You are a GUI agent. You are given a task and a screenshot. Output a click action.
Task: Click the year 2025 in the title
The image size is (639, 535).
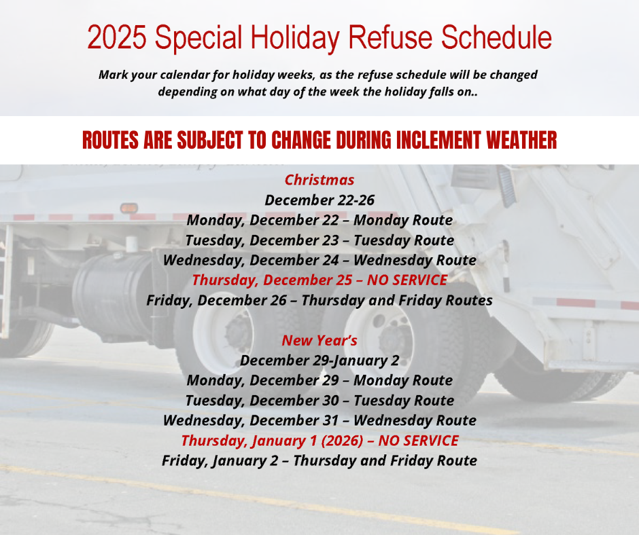click(x=116, y=37)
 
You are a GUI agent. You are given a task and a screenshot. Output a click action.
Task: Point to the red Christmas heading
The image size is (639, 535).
click(x=319, y=180)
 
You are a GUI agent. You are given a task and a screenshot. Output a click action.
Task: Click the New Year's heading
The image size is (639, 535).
click(x=319, y=340)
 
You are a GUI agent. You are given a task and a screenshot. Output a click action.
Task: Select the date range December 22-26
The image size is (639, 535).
click(x=319, y=200)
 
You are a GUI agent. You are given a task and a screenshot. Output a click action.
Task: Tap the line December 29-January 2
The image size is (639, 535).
click(x=319, y=360)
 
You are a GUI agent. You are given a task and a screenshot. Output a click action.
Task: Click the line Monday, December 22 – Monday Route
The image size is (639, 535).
click(x=319, y=220)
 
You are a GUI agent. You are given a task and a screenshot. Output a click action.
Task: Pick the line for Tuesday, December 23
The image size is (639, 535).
click(x=319, y=240)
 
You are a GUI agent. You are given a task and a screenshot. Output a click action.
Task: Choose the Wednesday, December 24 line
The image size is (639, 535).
click(x=319, y=260)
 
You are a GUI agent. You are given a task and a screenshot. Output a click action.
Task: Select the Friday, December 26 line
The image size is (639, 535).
click(x=319, y=300)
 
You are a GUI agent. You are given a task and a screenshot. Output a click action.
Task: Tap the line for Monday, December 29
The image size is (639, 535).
click(x=319, y=380)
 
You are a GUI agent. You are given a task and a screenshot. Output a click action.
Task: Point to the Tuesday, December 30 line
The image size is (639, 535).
click(x=319, y=400)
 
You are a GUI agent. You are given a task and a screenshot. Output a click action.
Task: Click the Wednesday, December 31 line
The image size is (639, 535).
click(x=319, y=420)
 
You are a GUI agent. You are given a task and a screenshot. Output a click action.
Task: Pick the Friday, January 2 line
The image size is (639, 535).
click(x=319, y=460)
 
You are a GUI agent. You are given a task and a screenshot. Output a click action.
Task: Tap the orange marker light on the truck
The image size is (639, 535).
click(x=128, y=208)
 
